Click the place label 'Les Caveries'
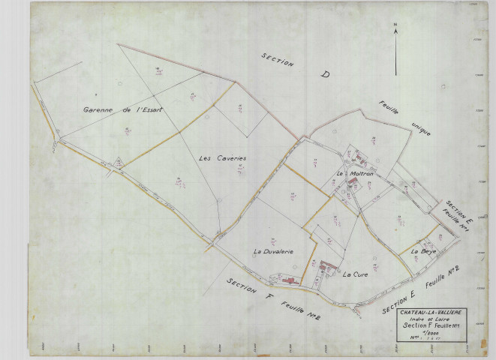coord(223,158)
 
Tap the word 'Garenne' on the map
coord(98,109)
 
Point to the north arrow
coord(395,49)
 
